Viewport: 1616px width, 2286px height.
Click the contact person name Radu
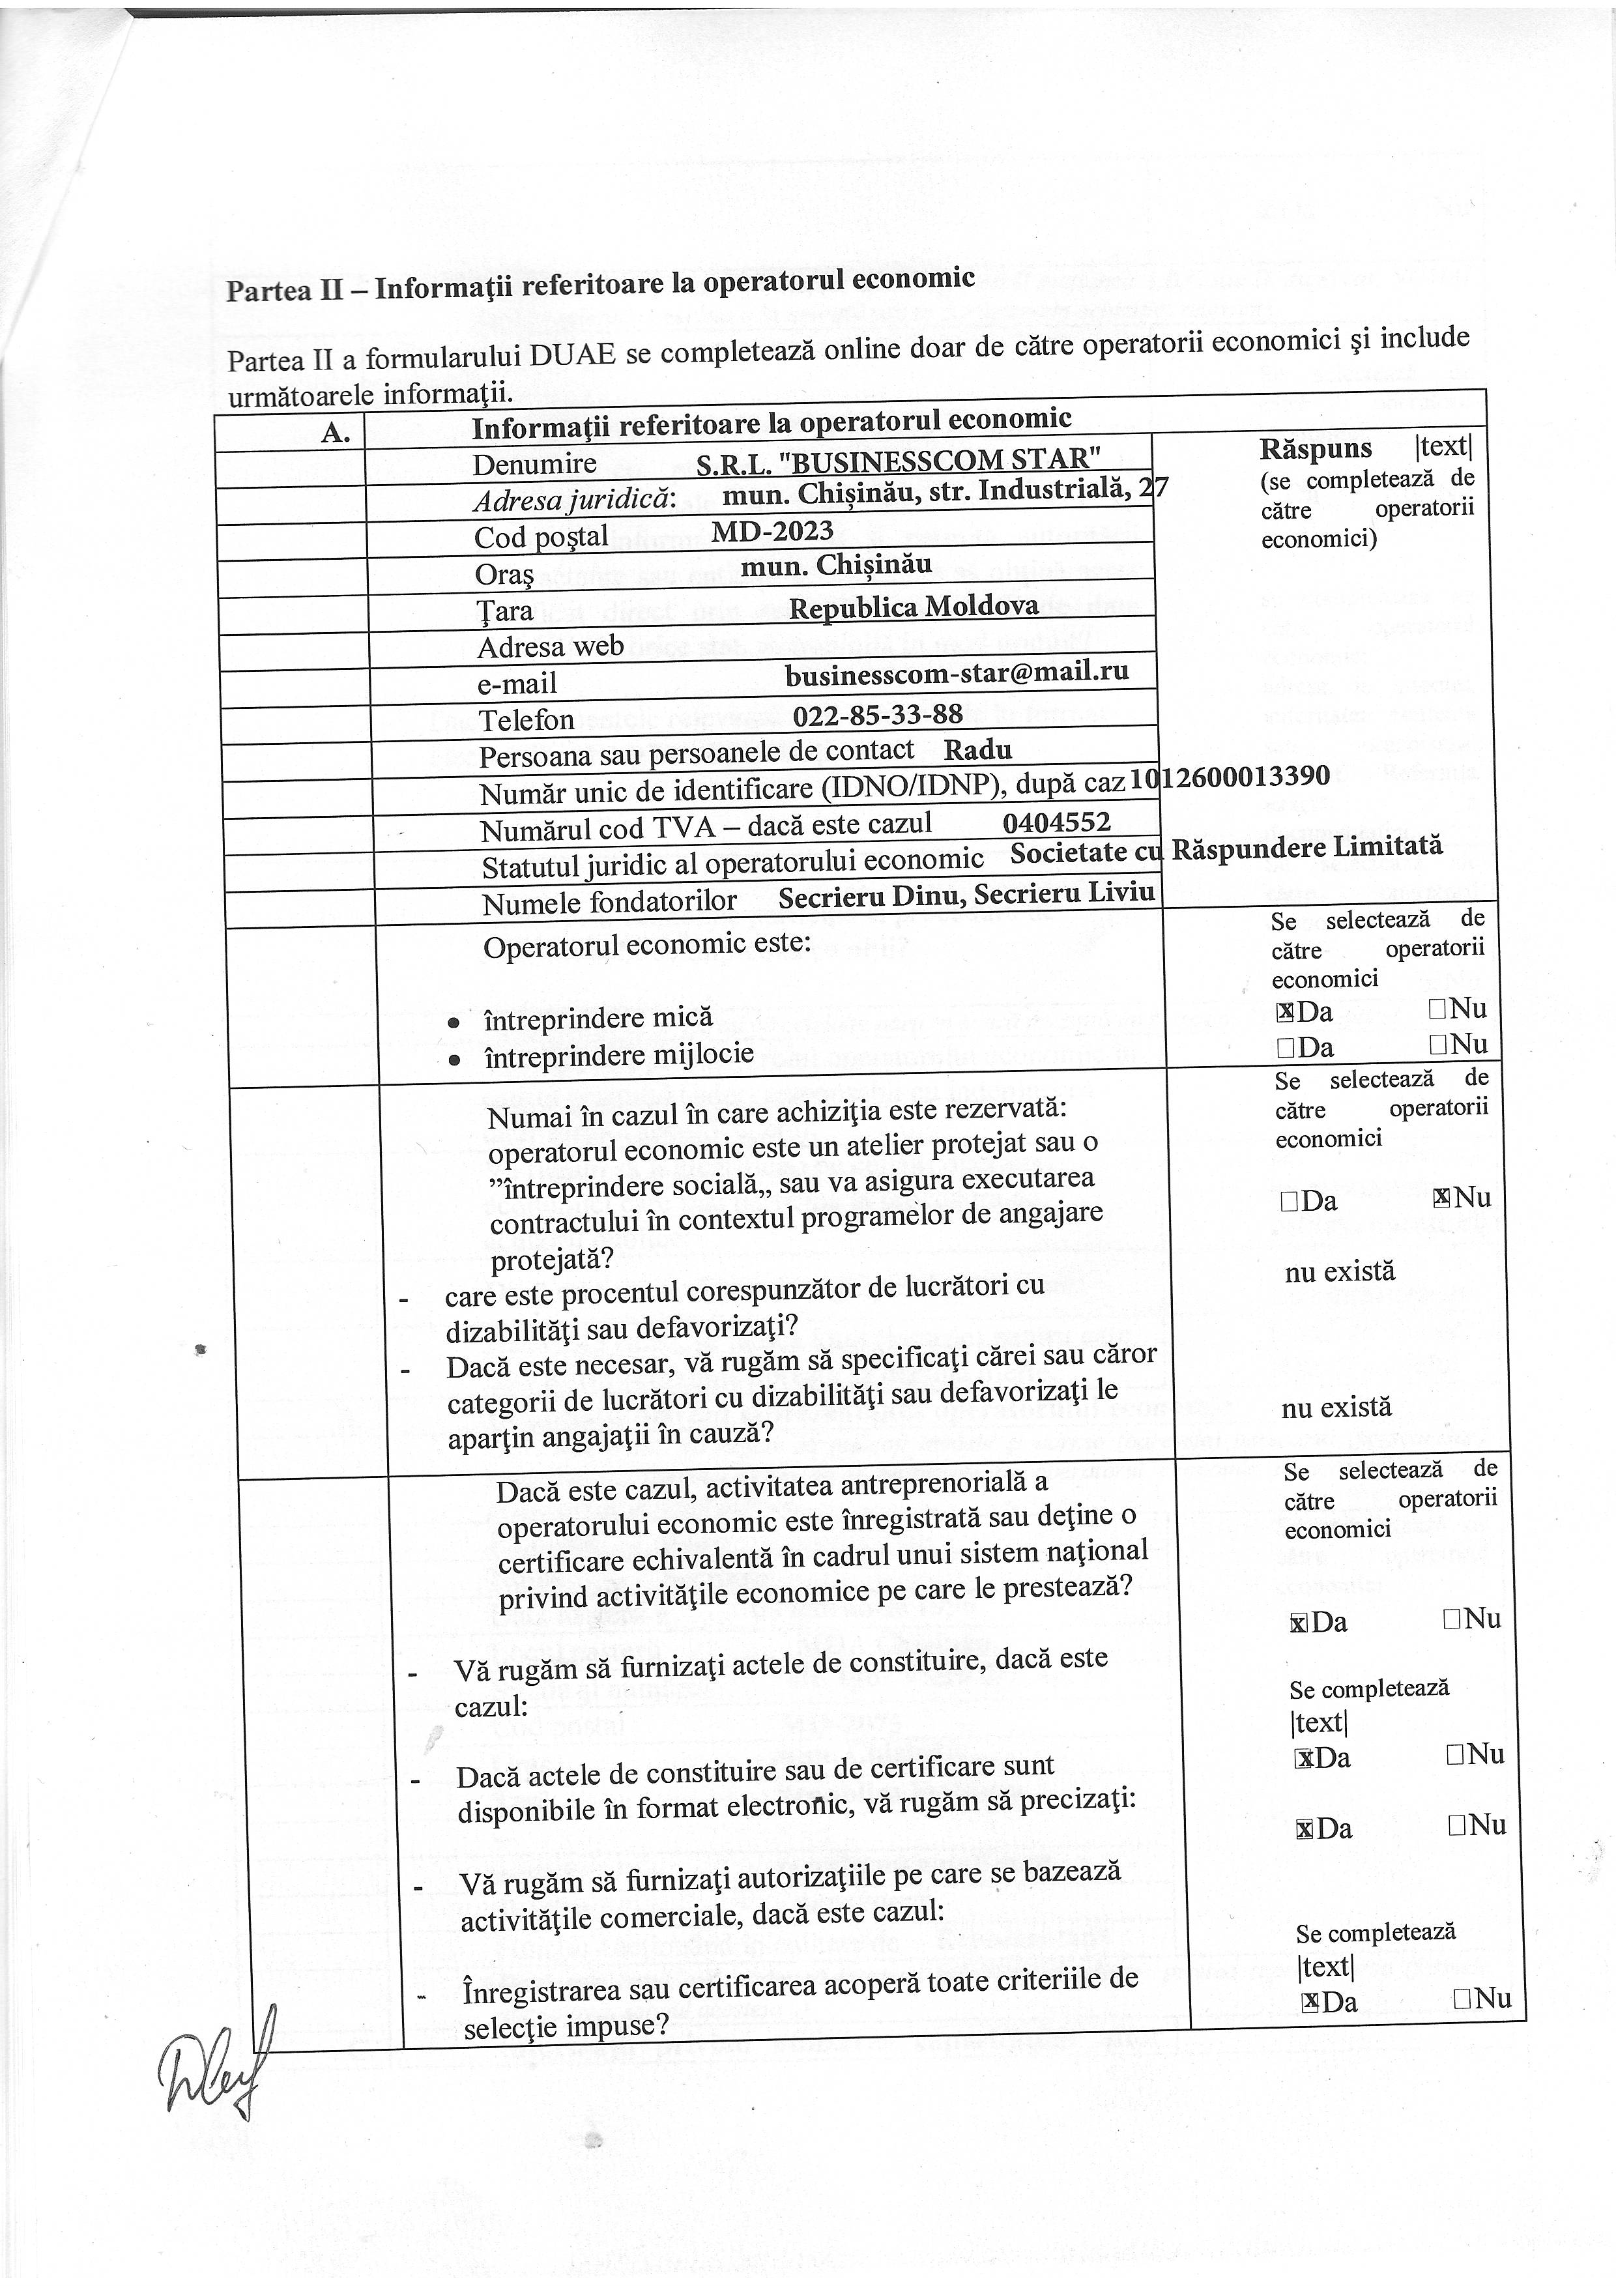[x=978, y=749]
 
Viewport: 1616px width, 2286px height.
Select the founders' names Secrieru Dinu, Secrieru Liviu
[x=966, y=895]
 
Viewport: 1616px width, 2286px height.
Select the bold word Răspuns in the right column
[x=1316, y=449]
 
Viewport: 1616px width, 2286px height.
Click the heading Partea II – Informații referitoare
[x=599, y=283]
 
